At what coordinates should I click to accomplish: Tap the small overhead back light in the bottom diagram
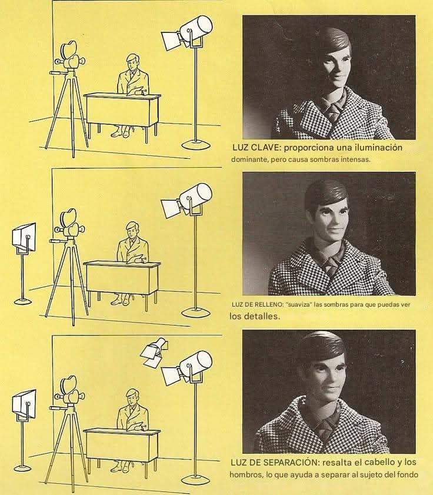pyautogui.click(x=154, y=352)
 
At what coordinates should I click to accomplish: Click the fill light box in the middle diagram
pyautogui.click(x=24, y=238)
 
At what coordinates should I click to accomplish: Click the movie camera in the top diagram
pyautogui.click(x=70, y=58)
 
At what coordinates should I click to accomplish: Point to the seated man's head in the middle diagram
pyautogui.click(x=132, y=228)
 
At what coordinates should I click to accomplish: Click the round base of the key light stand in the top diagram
pyautogui.click(x=196, y=145)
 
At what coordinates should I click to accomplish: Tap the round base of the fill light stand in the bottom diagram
pyautogui.click(x=22, y=467)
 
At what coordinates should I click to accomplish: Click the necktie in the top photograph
pyautogui.click(x=334, y=111)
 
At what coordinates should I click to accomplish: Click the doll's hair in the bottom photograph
pyautogui.click(x=324, y=345)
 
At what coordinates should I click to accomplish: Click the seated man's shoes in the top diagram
pyautogui.click(x=121, y=132)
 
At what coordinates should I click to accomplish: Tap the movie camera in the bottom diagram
pyautogui.click(x=69, y=393)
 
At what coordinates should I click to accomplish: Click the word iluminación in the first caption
pyautogui.click(x=378, y=147)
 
